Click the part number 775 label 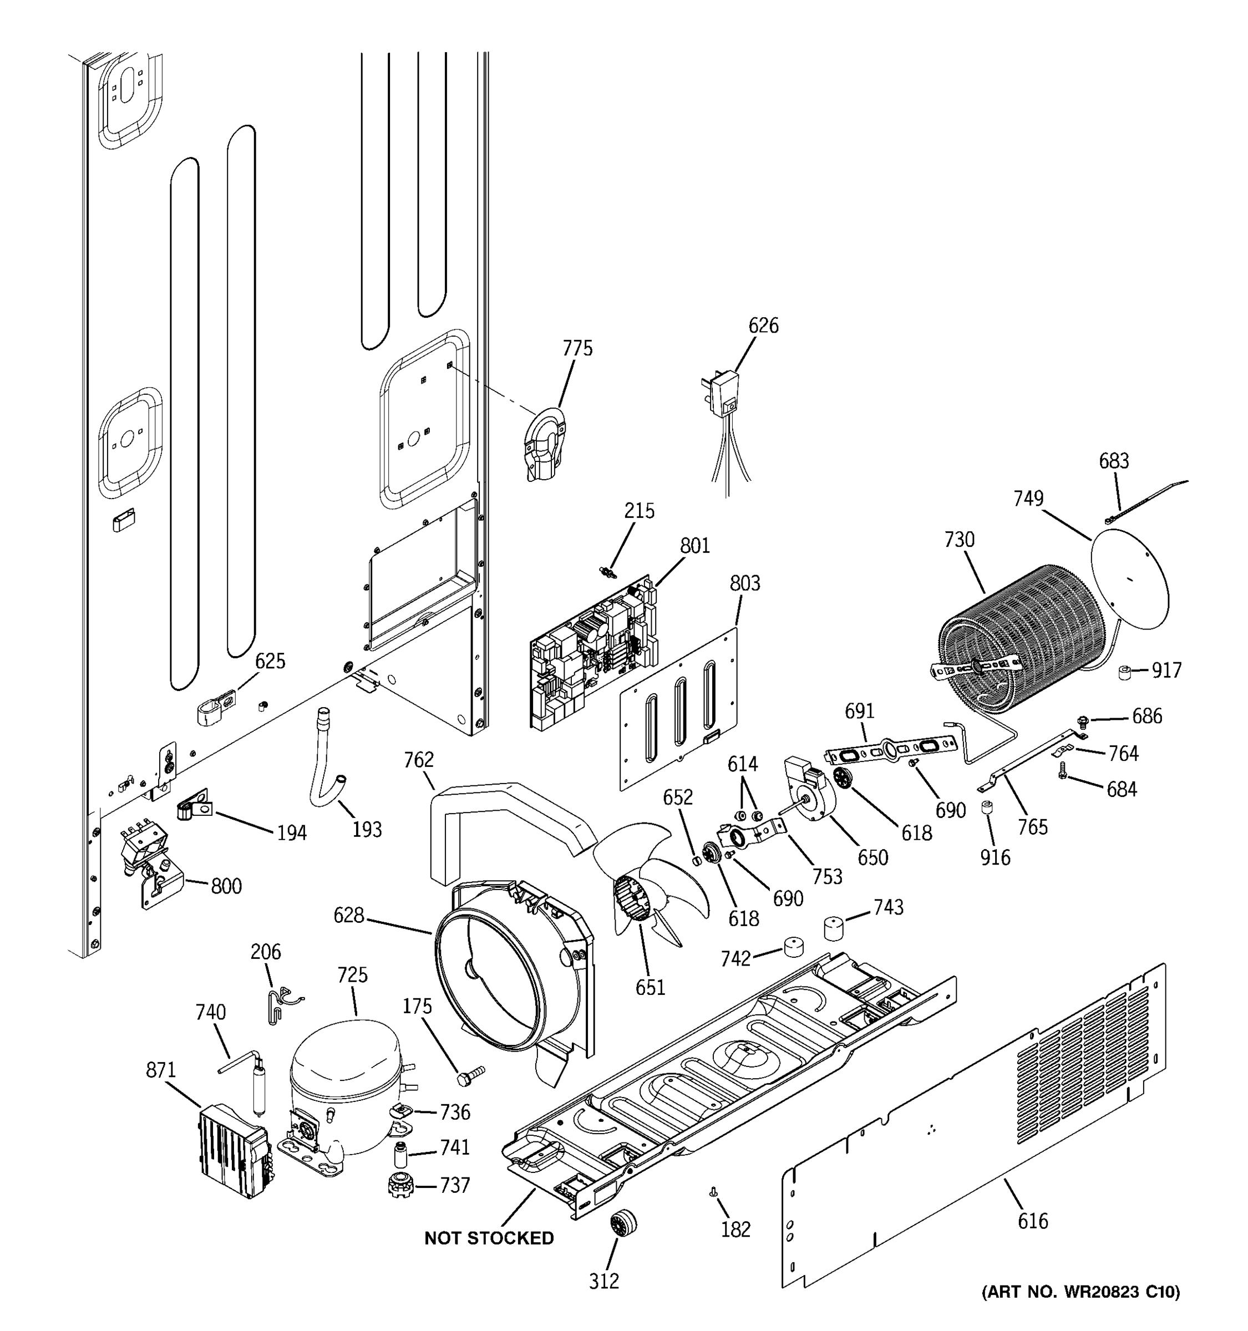click(x=577, y=348)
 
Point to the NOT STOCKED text click(x=489, y=1238)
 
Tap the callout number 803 click(x=744, y=583)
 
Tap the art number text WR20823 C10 click(x=1080, y=1292)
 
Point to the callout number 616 click(x=1032, y=1221)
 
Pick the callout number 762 click(x=418, y=759)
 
